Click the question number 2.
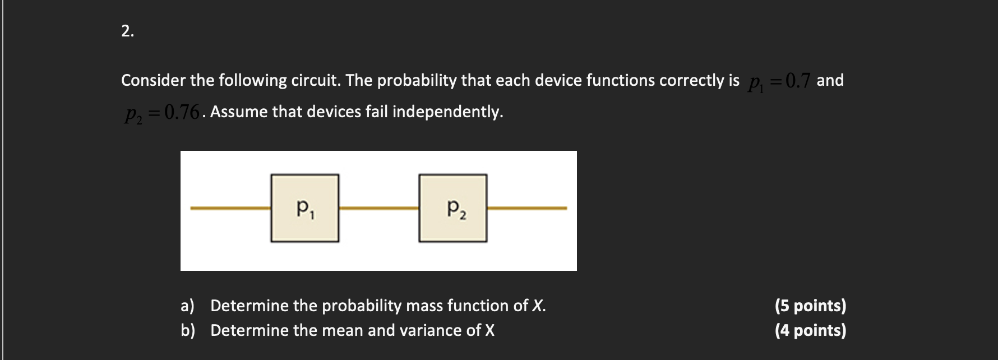pos(127,32)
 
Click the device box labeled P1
pos(305,209)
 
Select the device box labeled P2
pos(453,209)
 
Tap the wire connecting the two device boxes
pos(379,208)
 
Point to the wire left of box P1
pos(230,208)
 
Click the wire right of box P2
pos(527,208)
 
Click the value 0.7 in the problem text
pos(798,81)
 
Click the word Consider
pos(153,81)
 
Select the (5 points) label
pos(810,306)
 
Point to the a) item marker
pos(187,306)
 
